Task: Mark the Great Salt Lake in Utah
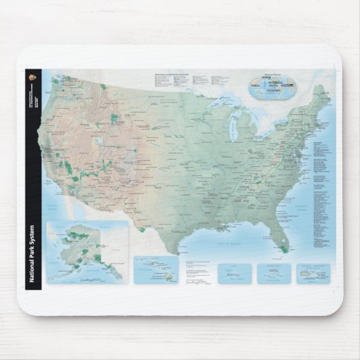coord(101,141)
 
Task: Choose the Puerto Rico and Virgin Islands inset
coord(312,273)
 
